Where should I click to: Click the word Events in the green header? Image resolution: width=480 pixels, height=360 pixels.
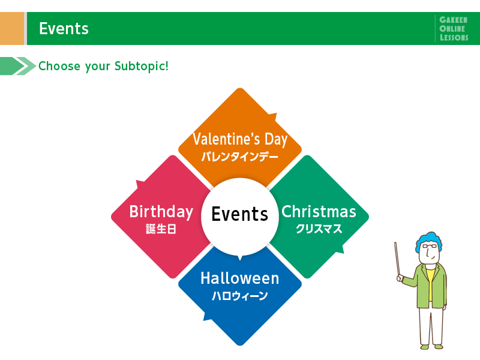pos(64,28)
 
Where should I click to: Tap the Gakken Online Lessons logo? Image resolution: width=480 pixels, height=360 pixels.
pos(454,28)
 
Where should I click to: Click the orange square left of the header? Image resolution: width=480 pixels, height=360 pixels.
pos(12,28)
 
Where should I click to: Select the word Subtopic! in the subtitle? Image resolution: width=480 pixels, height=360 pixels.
pos(142,66)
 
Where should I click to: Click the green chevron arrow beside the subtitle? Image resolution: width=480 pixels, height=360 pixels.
pos(18,66)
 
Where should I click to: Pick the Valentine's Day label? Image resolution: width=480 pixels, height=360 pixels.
pos(240,139)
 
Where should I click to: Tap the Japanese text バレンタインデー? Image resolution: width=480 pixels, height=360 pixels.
pos(240,157)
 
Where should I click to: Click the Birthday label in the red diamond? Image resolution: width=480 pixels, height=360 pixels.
pos(161,212)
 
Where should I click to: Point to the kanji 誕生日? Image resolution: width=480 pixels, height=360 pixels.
pos(161,229)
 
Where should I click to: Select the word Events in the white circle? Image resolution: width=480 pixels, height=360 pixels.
pos(239,214)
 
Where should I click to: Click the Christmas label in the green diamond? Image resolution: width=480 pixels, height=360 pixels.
pos(319,212)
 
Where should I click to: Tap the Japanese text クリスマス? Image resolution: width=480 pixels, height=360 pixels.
pos(319,229)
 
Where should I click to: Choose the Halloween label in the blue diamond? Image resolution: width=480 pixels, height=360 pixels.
pos(239,278)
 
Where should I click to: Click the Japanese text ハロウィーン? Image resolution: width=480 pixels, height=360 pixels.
pos(239,296)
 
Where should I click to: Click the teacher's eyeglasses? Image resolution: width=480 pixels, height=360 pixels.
pos(430,246)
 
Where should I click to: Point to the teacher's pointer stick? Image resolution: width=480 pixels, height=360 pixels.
pos(397,260)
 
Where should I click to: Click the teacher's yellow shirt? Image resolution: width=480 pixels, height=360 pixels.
pos(430,284)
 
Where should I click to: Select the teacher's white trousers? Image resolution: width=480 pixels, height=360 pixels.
pos(431,325)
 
